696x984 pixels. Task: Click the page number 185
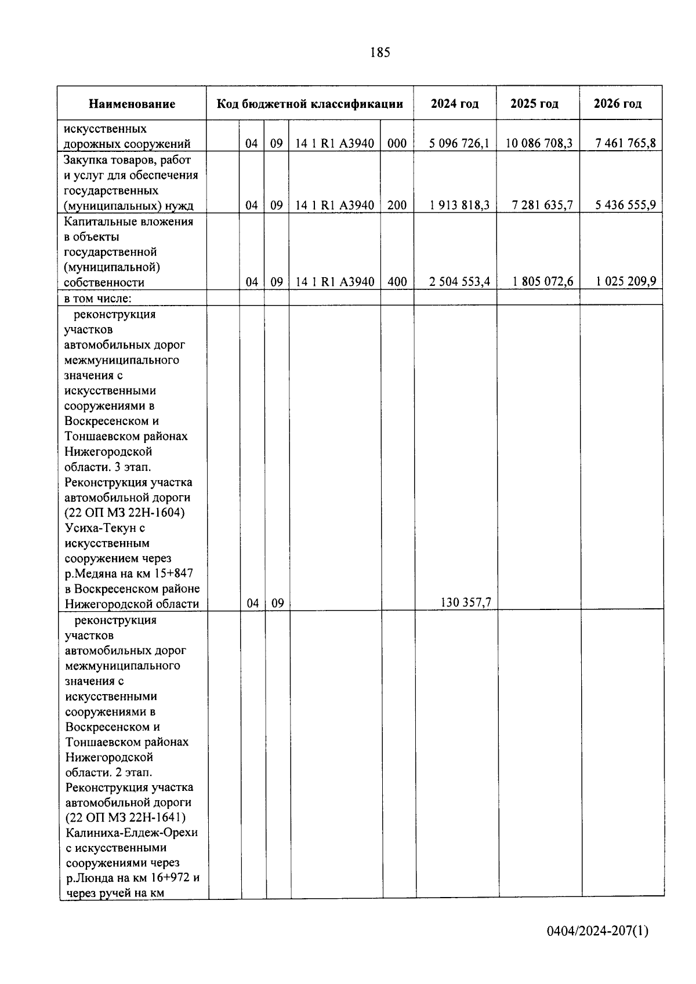pos(380,53)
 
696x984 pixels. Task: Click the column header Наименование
pos(132,104)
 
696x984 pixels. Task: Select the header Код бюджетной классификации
pos(310,104)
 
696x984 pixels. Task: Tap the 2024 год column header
pos(455,104)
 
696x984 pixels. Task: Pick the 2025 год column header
pos(534,104)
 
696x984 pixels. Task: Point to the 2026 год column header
pos(618,104)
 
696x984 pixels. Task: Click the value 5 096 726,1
pos(459,143)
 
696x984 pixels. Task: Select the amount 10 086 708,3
pos(539,143)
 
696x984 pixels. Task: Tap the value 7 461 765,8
pos(625,143)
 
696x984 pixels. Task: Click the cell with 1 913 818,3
pos(459,205)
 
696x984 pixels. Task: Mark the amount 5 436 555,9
pos(625,205)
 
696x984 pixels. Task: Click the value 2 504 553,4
pos(459,282)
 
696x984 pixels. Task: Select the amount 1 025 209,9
pos(626,282)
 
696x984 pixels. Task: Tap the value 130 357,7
pos(466,602)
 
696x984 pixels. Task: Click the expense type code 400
pos(397,282)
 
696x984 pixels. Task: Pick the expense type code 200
pos(397,205)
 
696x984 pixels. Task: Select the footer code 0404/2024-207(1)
pos(597,931)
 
